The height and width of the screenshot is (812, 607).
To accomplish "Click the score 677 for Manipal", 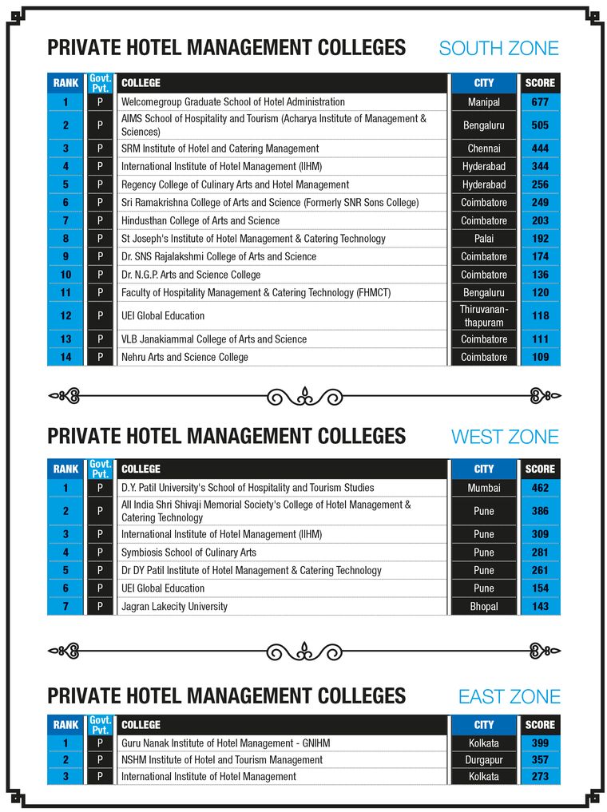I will pos(540,102).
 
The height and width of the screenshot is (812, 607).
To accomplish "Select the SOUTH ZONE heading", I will pos(498,48).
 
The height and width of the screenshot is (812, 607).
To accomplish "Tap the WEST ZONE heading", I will pos(505,437).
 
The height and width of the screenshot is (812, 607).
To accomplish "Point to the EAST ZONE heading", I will pos(509,697).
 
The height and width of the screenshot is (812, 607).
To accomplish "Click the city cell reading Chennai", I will pos(484,149).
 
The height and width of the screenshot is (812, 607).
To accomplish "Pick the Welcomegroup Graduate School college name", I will pos(233,102).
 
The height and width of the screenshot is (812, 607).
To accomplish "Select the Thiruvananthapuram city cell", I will pos(484,315).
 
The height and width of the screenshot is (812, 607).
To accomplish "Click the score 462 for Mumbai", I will pos(540,488).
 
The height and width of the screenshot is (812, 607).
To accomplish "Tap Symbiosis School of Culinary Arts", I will pos(188,553).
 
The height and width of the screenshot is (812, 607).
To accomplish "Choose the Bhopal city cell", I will pos(484,607).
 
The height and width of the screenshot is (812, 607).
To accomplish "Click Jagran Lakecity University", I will pos(174,607).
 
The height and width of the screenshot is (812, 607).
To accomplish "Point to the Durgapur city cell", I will pos(484,760).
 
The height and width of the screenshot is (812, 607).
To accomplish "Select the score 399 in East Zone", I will pos(540,743).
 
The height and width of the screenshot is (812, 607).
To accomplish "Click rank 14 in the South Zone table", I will pos(66,357).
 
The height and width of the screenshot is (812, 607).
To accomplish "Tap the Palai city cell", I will pos(484,239).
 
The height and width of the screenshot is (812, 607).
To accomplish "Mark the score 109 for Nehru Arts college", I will pos(540,357).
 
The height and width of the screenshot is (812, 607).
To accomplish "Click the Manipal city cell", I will pos(484,102).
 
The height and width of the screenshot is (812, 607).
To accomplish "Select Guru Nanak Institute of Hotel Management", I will pos(225,743).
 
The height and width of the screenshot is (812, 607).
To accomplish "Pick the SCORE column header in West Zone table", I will pos(540,469).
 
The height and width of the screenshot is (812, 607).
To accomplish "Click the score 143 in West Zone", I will pos(540,607).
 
